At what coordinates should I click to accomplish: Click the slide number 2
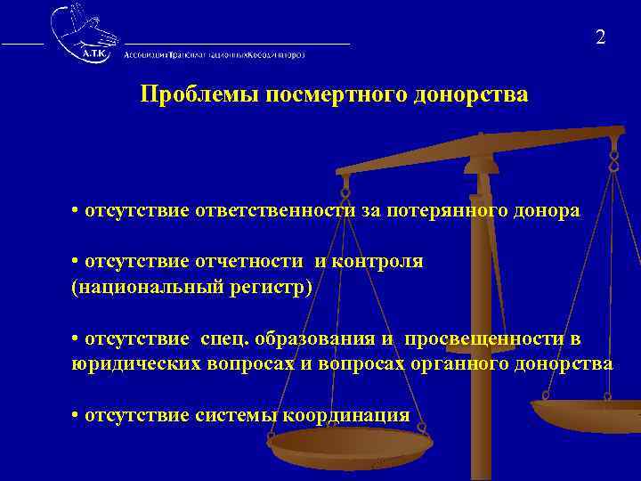pyautogui.click(x=601, y=37)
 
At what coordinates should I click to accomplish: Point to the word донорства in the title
pyautogui.click(x=471, y=95)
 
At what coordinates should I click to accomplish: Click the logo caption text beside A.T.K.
pyautogui.click(x=214, y=54)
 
